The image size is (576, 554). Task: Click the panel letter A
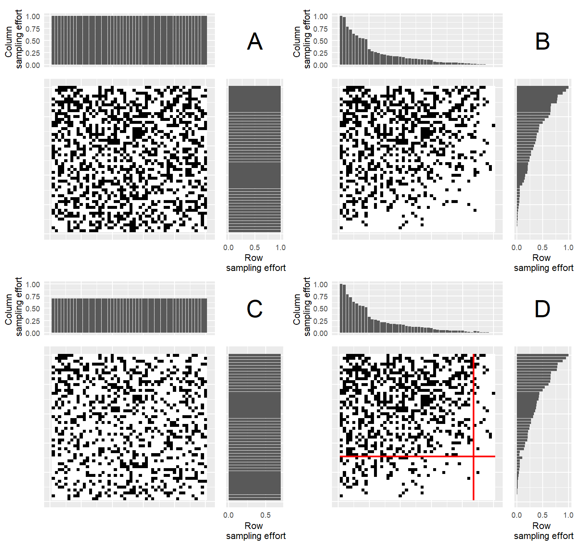tap(254, 42)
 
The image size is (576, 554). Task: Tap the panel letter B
tap(542, 42)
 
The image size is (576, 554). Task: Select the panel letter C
tap(254, 309)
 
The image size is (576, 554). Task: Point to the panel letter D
tap(542, 309)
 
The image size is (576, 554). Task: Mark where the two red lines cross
tap(474, 456)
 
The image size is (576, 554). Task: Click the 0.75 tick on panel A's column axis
tap(33, 29)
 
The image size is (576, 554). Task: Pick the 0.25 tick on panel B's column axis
tap(320, 53)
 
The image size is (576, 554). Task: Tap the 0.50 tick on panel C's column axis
tap(33, 309)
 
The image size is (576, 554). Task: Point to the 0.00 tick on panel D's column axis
tap(320, 333)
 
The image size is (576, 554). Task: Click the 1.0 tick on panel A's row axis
tap(280, 248)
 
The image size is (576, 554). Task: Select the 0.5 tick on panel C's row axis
tap(265, 515)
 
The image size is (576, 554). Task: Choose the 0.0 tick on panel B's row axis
tap(516, 248)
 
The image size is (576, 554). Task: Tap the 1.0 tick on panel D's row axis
tap(568, 515)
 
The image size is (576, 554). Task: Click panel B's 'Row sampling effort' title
tap(543, 263)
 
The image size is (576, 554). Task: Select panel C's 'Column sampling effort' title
tap(13, 307)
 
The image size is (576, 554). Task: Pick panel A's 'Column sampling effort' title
tap(13, 39)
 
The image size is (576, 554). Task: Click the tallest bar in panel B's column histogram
tap(341, 40)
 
